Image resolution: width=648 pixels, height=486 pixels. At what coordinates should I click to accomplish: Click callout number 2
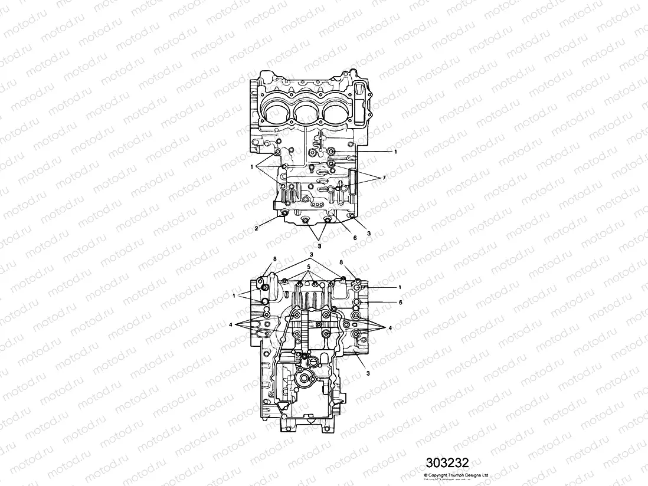pos(256,227)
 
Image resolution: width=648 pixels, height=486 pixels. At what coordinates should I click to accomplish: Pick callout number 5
pos(307,266)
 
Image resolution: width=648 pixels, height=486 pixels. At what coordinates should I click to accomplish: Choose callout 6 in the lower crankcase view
pos(400,302)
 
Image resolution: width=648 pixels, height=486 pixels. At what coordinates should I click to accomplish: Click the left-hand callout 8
pos(274,260)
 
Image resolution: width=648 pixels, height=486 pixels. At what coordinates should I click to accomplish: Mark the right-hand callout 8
pos(341,261)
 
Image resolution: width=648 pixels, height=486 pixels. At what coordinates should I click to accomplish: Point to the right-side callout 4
pos(390,328)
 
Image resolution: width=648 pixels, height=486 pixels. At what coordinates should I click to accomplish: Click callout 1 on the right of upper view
pos(395,152)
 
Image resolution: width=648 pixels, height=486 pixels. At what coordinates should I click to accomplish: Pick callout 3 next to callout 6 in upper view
pos(368,234)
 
